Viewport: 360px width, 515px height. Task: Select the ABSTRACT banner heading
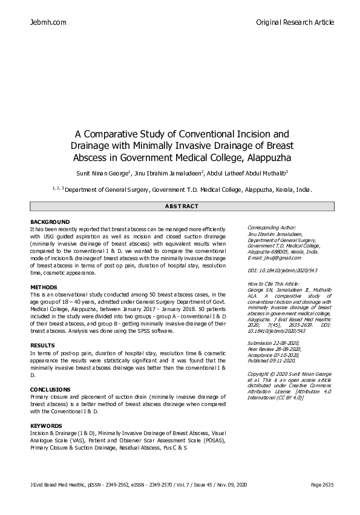[x=181, y=206]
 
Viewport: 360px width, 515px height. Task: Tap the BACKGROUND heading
[x=50, y=222]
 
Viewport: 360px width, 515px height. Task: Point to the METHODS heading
[x=44, y=287]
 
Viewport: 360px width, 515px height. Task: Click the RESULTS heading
[x=42, y=345]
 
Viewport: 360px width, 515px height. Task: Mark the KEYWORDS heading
[x=46, y=426]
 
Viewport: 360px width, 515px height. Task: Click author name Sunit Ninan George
[x=100, y=174]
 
